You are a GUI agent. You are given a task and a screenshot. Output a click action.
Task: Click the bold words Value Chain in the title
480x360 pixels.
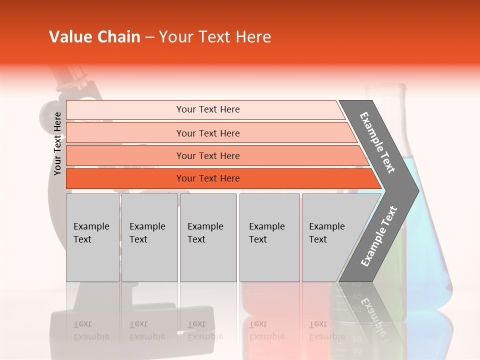(94, 37)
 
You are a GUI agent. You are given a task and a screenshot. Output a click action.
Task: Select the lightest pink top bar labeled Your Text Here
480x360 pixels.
(207, 109)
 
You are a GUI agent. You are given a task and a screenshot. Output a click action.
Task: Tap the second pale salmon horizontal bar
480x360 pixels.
(207, 133)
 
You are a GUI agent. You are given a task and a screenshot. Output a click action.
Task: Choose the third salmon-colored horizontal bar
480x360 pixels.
(207, 155)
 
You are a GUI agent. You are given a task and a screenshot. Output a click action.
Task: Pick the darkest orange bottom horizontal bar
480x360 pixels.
(207, 178)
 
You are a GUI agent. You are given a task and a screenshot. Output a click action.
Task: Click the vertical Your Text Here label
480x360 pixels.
(57, 143)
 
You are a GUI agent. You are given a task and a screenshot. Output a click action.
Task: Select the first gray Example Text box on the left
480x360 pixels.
(92, 237)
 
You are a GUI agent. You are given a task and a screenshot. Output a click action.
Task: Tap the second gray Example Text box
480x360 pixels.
(149, 237)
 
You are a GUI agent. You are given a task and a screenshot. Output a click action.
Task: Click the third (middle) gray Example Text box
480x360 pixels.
(208, 237)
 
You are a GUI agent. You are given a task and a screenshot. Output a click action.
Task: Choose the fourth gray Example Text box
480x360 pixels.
(269, 237)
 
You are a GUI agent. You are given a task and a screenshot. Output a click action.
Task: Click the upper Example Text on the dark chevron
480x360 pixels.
(377, 142)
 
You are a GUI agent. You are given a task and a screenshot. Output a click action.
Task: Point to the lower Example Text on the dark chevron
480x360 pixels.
(379, 236)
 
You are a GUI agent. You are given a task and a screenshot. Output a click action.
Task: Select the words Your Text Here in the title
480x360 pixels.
(215, 37)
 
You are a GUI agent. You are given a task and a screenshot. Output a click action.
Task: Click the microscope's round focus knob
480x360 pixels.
(50, 110)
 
